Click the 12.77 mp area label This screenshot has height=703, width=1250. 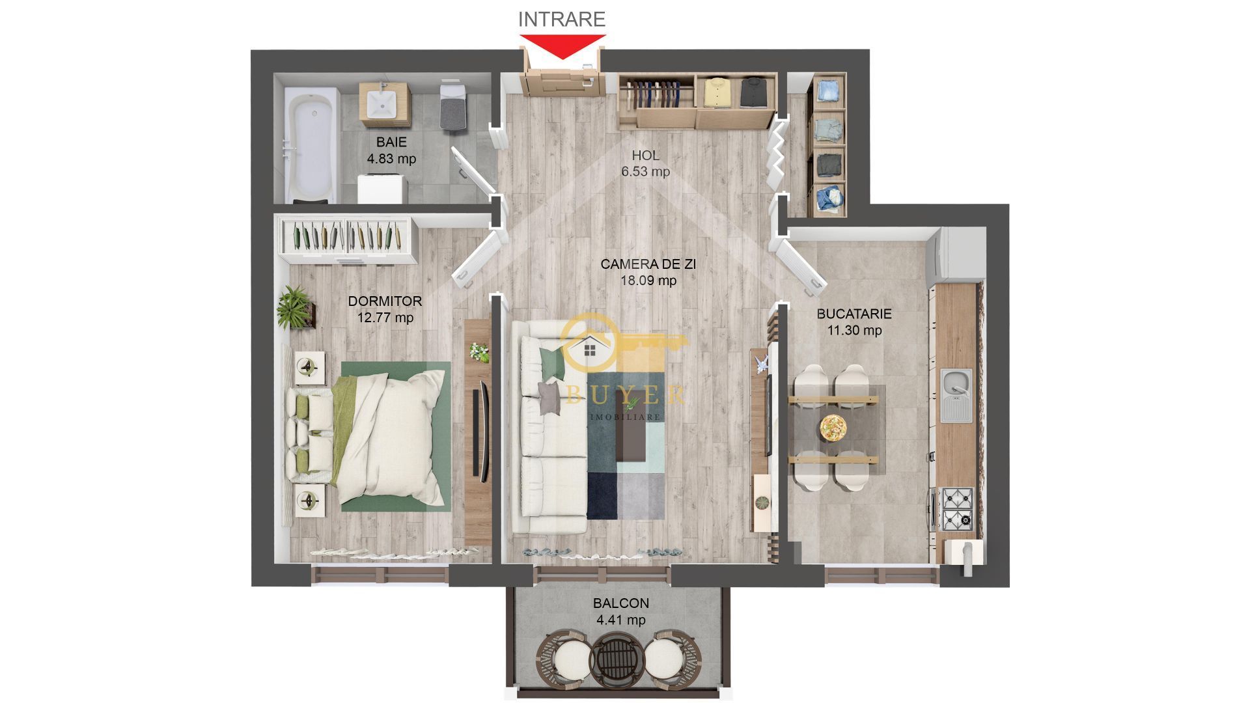(x=385, y=318)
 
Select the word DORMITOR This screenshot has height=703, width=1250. (x=385, y=301)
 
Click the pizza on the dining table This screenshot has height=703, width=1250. (x=833, y=428)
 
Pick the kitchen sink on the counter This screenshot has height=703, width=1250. (x=956, y=394)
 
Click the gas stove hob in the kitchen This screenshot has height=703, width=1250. (x=957, y=508)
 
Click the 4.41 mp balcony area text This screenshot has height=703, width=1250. (x=620, y=620)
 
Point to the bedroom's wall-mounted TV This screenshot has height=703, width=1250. (x=482, y=432)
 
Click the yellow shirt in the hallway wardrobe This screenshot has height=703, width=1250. (x=715, y=92)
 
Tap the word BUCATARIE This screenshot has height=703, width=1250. (x=854, y=314)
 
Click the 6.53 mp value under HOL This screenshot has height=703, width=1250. (x=645, y=172)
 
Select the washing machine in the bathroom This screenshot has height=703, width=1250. (x=382, y=189)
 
